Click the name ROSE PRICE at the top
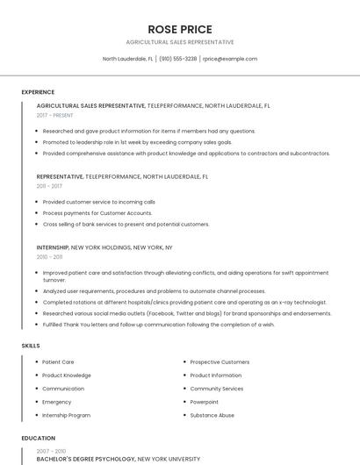pyautogui.click(x=179, y=29)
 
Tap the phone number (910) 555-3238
pyautogui.click(x=177, y=59)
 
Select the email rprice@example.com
pyautogui.click(x=230, y=59)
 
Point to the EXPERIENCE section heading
pyautogui.click(x=38, y=92)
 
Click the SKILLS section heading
pyautogui.click(x=31, y=346)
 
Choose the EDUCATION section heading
pyautogui.click(x=39, y=438)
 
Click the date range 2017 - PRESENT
pyautogui.click(x=55, y=115)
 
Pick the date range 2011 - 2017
pyautogui.click(x=49, y=186)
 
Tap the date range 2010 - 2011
pyautogui.click(x=49, y=257)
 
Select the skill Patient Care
pyautogui.click(x=58, y=362)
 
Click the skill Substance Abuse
pyautogui.click(x=212, y=415)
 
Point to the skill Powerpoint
pyautogui.click(x=204, y=402)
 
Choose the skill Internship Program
pyautogui.click(x=66, y=415)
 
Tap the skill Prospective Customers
pyautogui.click(x=220, y=362)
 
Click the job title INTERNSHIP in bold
pyautogui.click(x=53, y=247)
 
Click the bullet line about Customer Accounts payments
pyautogui.click(x=97, y=213)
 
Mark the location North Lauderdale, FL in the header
pyautogui.click(x=128, y=59)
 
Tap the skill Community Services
pyautogui.click(x=217, y=389)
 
